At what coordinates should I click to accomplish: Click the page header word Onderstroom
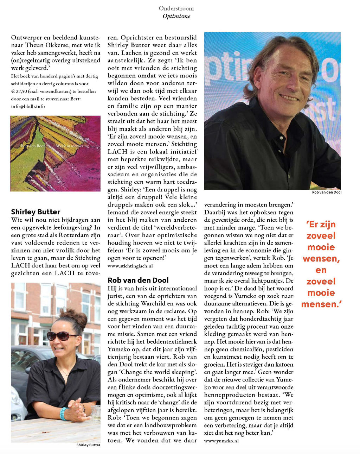176,8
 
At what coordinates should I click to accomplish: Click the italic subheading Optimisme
176,16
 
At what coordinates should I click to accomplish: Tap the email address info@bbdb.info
28,106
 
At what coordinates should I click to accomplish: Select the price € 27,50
20,91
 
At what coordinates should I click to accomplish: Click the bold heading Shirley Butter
36,212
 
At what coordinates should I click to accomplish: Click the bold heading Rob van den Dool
138,280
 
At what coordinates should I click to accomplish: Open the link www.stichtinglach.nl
130,266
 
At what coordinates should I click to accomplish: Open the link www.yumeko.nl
221,441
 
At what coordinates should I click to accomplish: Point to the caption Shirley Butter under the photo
88,445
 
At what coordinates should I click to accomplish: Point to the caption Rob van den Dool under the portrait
327,192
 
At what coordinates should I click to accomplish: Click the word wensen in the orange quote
321,259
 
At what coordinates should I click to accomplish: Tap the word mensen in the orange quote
321,304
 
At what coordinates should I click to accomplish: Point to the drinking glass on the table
95,412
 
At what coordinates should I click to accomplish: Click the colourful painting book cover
56,153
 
